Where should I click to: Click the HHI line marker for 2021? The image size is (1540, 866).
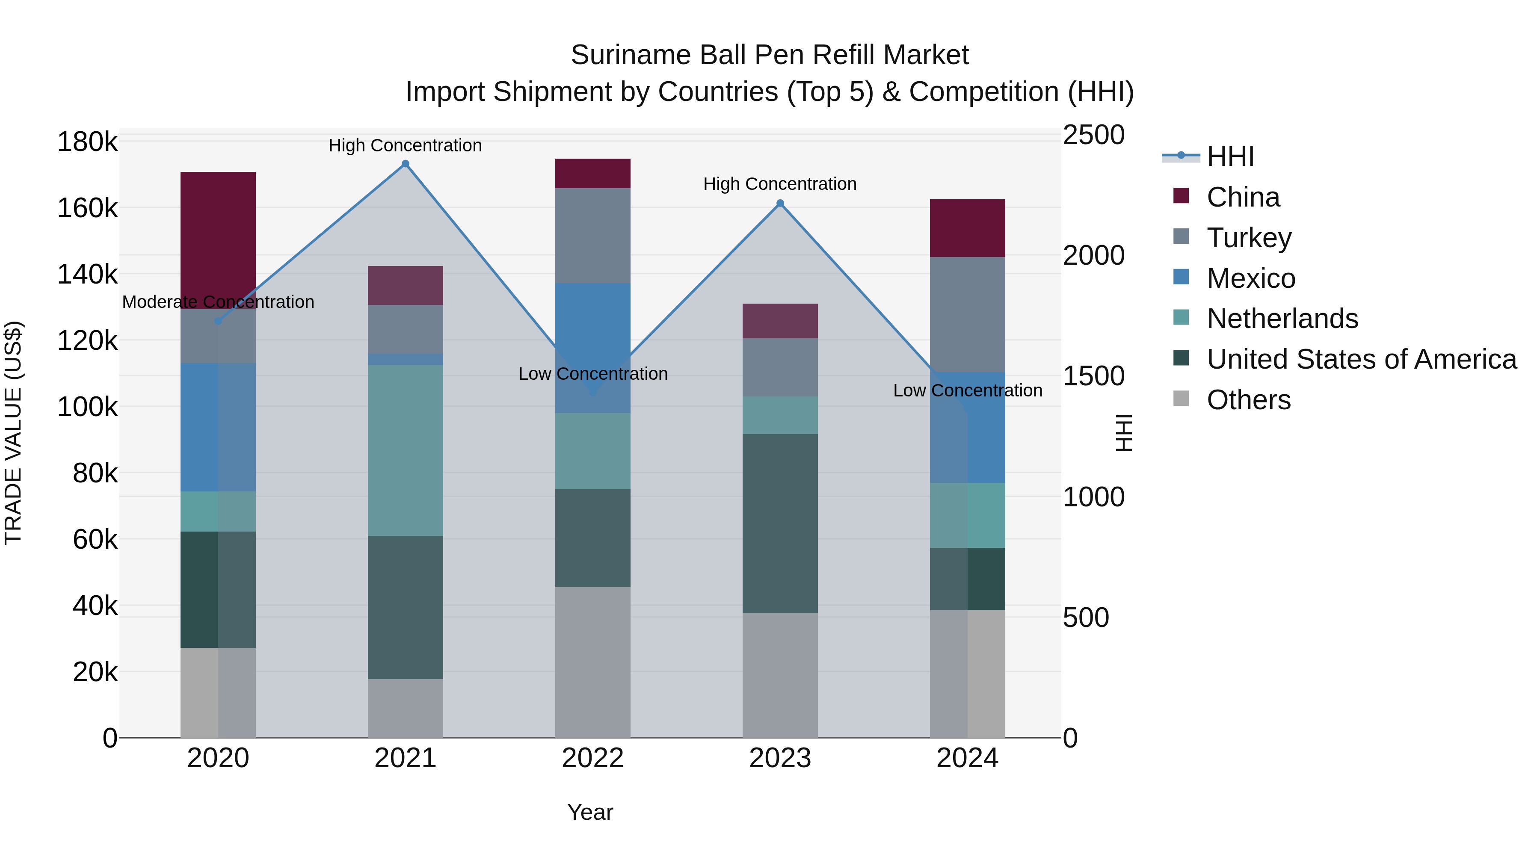point(406,164)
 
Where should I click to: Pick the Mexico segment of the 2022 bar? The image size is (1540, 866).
point(592,323)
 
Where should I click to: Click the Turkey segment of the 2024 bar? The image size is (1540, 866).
point(967,314)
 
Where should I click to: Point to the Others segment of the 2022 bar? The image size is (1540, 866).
point(592,662)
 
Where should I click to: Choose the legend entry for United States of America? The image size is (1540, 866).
point(1361,359)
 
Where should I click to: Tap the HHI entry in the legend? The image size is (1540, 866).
point(1230,157)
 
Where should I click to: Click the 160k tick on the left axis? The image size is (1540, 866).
point(87,209)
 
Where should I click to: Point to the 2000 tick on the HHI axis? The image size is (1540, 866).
point(1093,256)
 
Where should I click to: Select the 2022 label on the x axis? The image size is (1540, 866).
point(592,758)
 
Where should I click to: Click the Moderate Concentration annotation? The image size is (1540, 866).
point(218,302)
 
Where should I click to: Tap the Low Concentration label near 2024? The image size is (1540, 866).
point(967,390)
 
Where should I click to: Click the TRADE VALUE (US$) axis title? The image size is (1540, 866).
point(13,433)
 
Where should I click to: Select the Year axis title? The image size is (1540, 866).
point(590,812)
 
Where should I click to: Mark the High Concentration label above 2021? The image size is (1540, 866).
point(406,145)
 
